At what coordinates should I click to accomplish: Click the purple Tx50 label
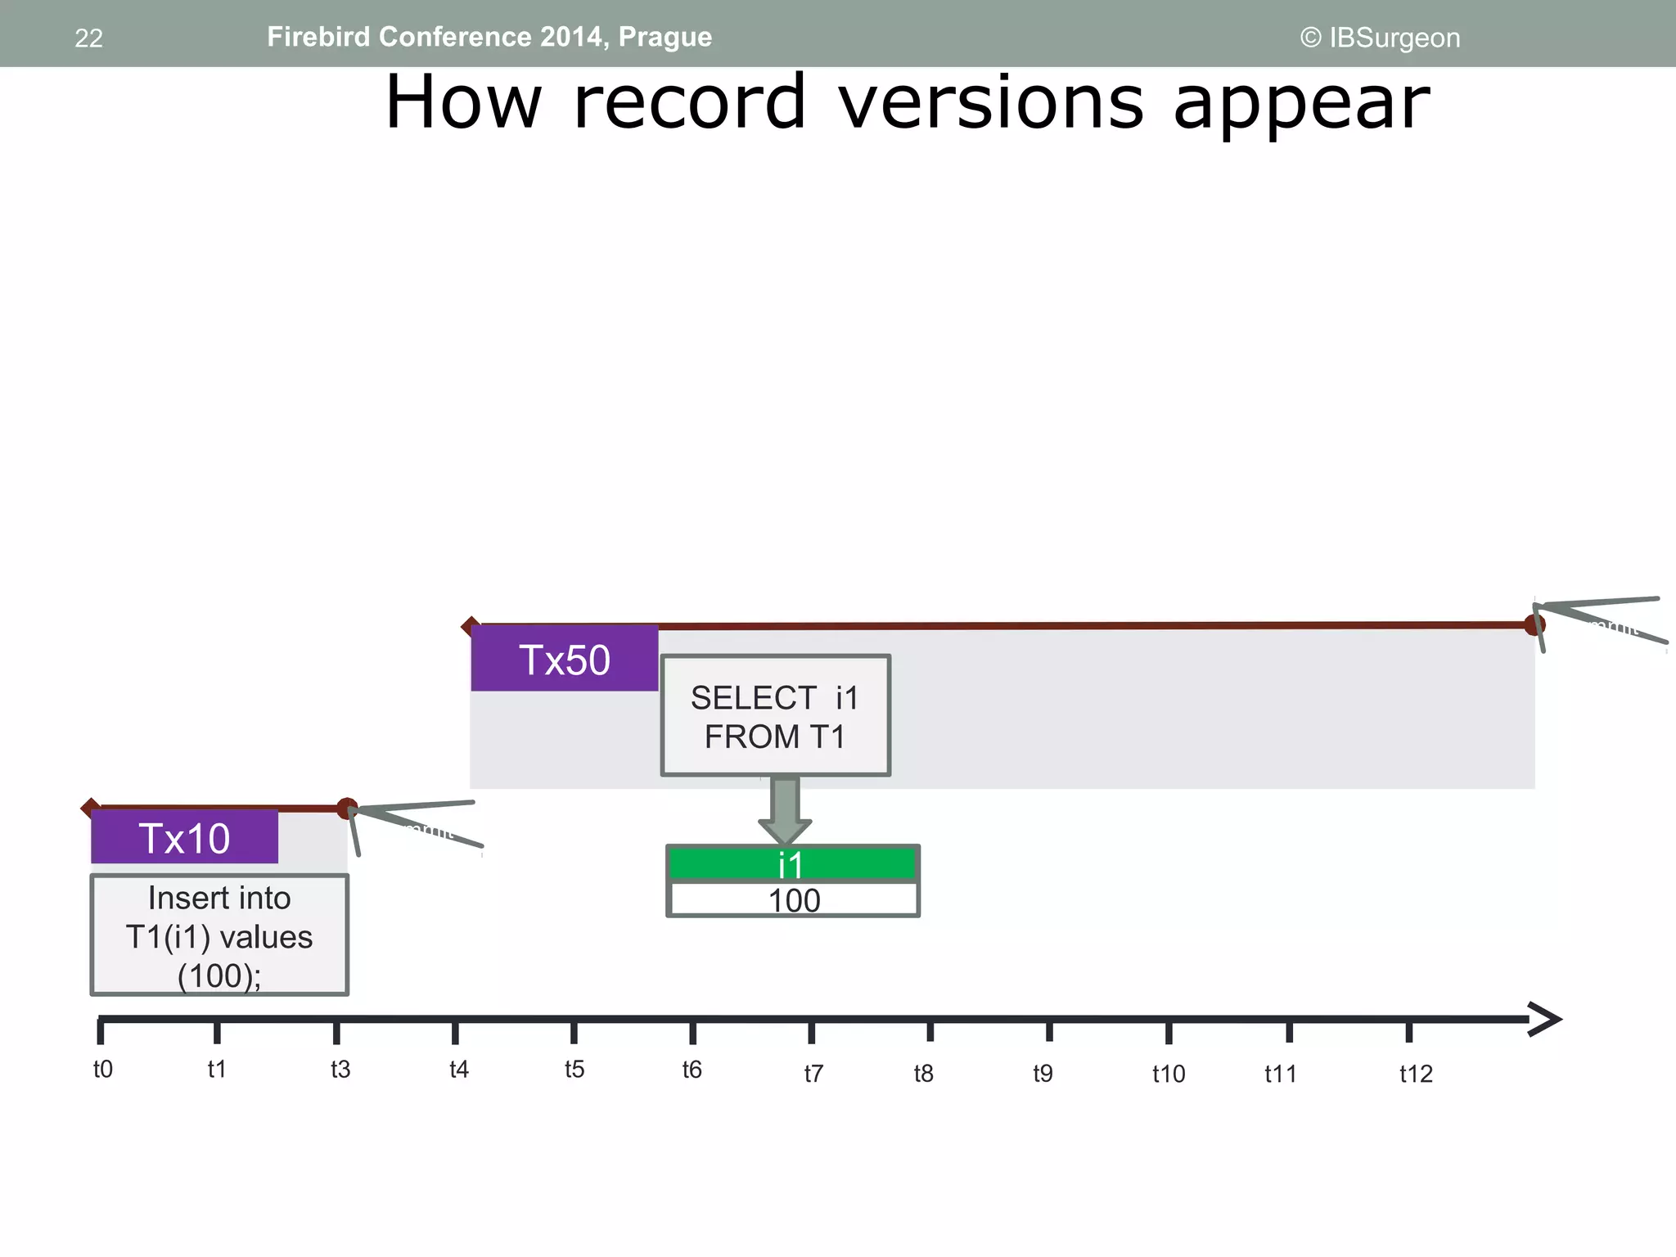click(565, 659)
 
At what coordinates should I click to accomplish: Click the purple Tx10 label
click(184, 837)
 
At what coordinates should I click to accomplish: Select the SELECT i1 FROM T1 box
click(775, 716)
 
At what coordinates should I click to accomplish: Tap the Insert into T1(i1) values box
click(219, 935)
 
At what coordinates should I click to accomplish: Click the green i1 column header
click(792, 864)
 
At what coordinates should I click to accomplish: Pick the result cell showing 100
click(793, 900)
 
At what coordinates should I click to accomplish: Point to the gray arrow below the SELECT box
click(785, 809)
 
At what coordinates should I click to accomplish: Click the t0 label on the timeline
click(103, 1070)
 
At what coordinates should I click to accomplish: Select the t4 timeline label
click(459, 1070)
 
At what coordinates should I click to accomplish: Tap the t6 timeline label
click(692, 1070)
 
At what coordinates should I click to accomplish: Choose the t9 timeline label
click(1043, 1073)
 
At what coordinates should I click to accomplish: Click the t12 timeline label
click(1416, 1074)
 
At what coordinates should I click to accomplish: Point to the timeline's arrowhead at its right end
click(1545, 1020)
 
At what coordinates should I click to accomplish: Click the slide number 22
click(88, 38)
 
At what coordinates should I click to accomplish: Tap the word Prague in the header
click(665, 37)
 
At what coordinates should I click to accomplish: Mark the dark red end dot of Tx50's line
click(1534, 625)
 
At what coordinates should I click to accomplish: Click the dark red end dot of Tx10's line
click(347, 809)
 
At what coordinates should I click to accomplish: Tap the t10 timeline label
click(1169, 1074)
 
